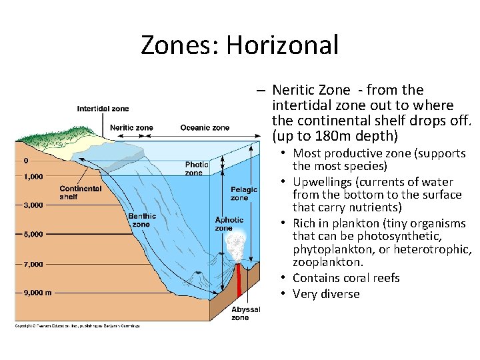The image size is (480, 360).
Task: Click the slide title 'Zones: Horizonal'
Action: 239,45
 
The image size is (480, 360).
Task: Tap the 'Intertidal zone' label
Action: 103,109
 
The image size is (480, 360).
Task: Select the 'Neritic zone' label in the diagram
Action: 131,127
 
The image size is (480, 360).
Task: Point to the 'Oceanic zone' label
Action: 205,127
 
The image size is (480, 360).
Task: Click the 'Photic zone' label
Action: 197,169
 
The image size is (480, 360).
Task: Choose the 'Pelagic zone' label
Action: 239,193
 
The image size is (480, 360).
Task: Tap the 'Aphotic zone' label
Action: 229,224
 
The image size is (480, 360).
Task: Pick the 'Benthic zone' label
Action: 141,220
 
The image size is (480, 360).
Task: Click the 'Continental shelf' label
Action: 81,193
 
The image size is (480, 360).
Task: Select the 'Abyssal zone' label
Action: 241,313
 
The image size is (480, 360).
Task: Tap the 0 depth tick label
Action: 26,161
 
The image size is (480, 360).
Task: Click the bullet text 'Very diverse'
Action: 326,294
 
